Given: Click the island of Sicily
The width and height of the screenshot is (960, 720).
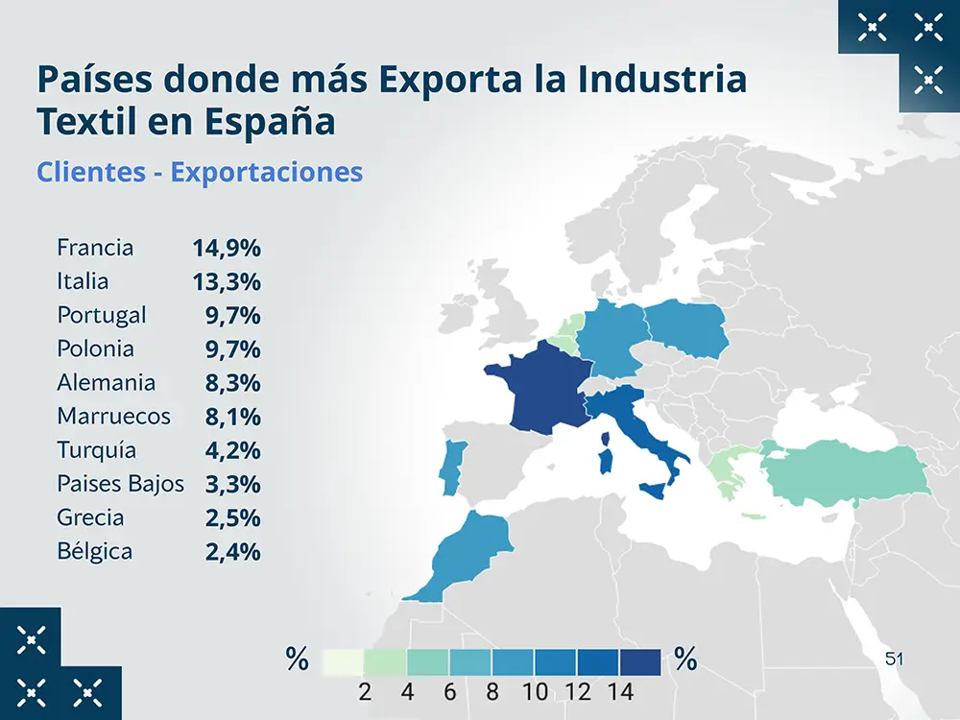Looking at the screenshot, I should [656, 491].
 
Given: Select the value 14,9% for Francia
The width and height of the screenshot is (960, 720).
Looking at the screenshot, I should [227, 248].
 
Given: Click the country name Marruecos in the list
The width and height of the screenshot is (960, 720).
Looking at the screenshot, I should [113, 416].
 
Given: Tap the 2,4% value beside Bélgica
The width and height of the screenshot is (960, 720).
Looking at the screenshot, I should [232, 552].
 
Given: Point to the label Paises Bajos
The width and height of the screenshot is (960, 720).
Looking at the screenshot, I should [120, 484].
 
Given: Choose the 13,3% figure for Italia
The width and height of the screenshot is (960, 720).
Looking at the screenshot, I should [227, 281].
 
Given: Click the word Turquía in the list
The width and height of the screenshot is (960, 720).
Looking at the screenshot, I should [96, 450].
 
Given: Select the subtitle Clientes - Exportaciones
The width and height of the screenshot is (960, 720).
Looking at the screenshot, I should [200, 172].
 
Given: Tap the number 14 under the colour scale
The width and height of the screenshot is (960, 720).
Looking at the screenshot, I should [620, 691].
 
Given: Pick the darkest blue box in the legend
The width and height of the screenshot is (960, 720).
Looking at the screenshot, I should [640, 662].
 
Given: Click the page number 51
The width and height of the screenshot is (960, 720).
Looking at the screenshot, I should [895, 660].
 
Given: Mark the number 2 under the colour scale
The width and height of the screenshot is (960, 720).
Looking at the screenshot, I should [365, 691].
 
